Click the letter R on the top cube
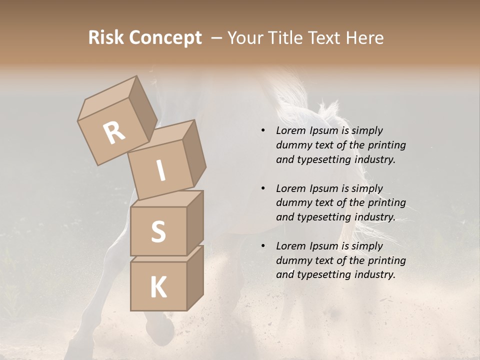[114, 132]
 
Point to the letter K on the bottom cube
[158, 287]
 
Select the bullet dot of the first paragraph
[262, 130]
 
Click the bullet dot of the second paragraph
[262, 188]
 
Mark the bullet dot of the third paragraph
[262, 246]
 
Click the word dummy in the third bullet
[292, 260]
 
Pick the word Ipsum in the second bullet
[323, 188]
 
